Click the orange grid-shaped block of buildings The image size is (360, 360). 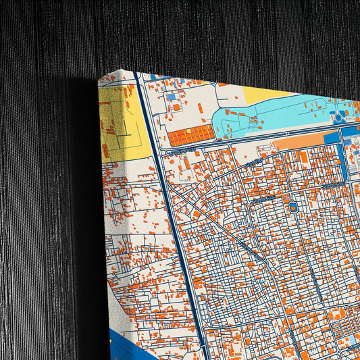pyautogui.click(x=190, y=136)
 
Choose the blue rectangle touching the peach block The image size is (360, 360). pyautogui.click(x=332, y=138)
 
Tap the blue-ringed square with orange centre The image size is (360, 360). pyautogui.click(x=293, y=206)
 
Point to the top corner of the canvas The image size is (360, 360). pyautogui.click(x=99, y=78)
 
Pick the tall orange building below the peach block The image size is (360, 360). pyautogui.click(x=303, y=158)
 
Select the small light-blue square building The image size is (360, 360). pyautogui.click(x=172, y=97)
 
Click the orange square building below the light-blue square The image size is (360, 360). pyautogui.click(x=176, y=107)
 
